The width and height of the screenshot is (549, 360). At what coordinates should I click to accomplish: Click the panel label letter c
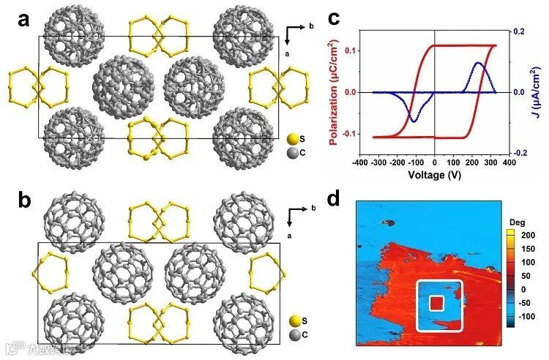point(333,18)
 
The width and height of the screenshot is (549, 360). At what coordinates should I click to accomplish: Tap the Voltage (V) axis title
point(435,174)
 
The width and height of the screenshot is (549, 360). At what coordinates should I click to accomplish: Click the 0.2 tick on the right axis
point(519,31)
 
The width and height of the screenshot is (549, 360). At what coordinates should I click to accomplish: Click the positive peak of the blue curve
point(479,63)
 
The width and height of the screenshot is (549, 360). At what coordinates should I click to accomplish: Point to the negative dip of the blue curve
point(414,121)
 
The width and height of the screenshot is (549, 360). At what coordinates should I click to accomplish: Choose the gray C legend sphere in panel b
point(293,334)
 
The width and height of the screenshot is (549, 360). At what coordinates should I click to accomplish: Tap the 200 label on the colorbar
point(528,235)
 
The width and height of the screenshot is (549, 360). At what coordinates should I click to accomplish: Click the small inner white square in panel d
point(437,303)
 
